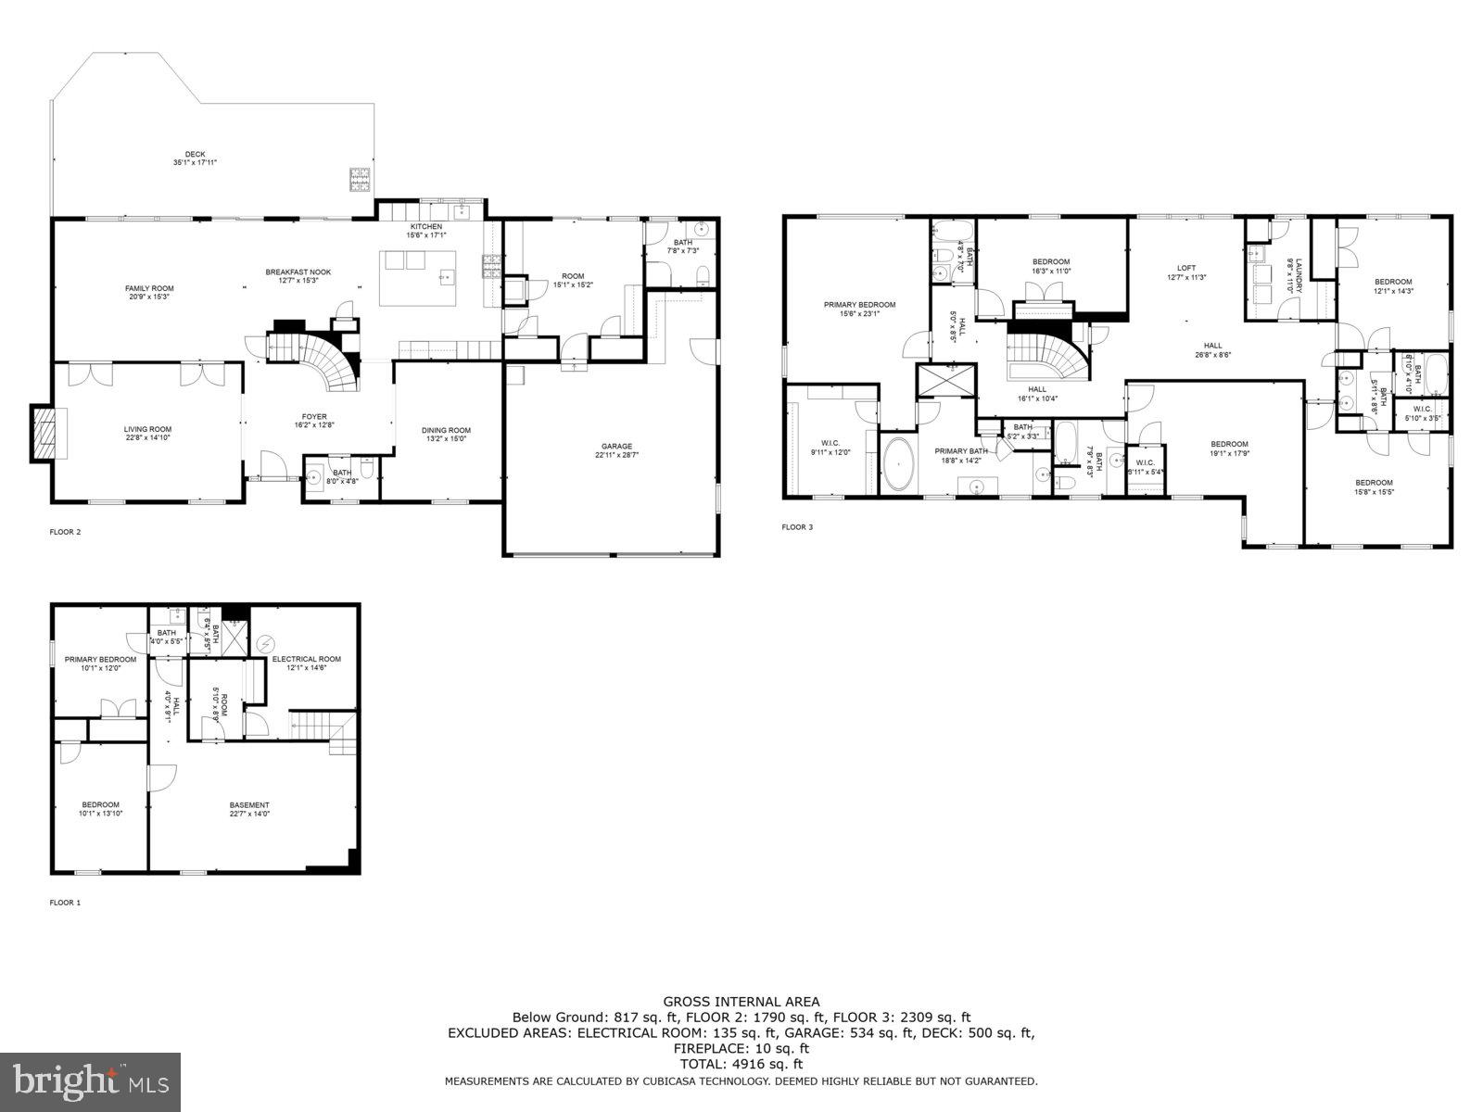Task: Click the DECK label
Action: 195,155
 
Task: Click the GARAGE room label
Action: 615,447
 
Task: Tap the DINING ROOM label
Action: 446,430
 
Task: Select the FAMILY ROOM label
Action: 149,288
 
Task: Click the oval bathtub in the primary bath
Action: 897,466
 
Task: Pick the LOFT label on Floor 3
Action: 1186,269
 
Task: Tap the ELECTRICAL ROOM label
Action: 306,659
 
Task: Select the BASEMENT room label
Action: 249,805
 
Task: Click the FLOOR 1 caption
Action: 65,902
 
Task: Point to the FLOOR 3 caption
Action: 797,527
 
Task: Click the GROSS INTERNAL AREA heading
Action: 741,1001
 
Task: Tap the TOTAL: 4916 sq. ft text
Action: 741,1064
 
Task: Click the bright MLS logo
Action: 91,1080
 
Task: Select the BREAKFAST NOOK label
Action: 298,272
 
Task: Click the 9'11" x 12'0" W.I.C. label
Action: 830,447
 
